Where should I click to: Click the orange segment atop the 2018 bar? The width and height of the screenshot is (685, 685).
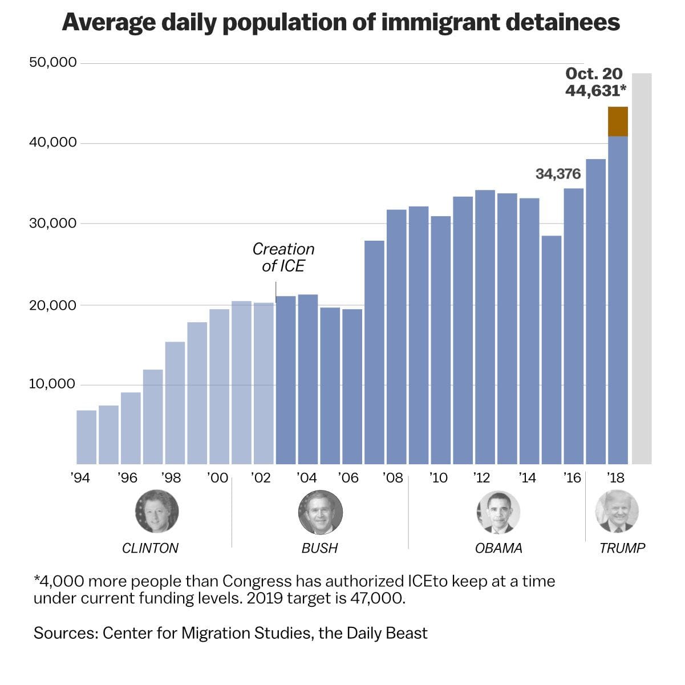(618, 121)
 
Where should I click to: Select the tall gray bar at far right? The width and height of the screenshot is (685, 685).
(642, 268)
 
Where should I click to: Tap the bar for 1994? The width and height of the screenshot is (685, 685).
(86, 437)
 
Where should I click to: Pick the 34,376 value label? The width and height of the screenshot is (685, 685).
(558, 174)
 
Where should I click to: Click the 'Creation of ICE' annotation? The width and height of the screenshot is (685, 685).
(283, 257)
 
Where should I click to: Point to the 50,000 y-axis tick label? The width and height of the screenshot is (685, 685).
(53, 62)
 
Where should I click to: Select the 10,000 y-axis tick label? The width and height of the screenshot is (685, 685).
(52, 384)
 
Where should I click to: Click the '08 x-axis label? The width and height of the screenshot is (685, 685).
(392, 478)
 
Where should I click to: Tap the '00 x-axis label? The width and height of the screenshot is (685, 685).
(218, 478)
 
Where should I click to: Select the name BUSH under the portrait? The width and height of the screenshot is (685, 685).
(319, 548)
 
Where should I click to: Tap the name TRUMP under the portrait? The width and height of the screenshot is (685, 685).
(622, 548)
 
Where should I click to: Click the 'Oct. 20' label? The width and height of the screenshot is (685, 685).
(594, 74)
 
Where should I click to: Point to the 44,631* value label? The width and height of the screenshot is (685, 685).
(595, 90)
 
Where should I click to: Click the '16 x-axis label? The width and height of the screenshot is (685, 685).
(571, 478)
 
